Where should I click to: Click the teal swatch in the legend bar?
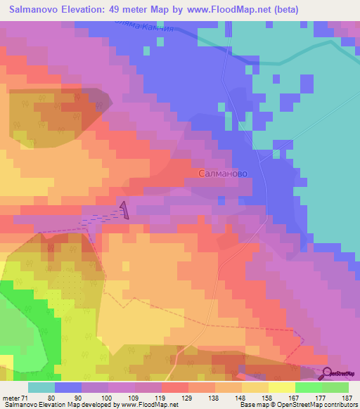(41, 387)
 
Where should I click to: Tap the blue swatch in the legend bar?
(67, 387)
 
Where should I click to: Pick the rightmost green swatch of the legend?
(335, 387)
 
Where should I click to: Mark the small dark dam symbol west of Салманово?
(124, 210)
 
